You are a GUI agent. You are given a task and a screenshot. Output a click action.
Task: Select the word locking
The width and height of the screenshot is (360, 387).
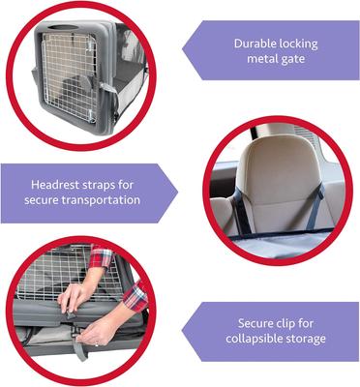[299, 44]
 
